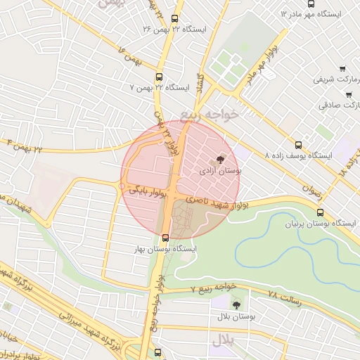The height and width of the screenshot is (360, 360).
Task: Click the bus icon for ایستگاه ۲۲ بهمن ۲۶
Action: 175,20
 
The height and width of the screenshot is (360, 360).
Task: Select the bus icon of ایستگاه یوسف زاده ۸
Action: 299,144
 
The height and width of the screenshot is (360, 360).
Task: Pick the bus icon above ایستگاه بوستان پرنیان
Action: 321,212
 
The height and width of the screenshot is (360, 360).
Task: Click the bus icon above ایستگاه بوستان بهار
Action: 165,238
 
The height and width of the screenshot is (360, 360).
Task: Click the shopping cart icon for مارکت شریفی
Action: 342,69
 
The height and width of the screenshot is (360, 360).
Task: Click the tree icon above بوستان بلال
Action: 236,305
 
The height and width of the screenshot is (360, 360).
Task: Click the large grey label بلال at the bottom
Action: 223,340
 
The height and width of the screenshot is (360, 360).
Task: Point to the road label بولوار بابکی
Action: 146,191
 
